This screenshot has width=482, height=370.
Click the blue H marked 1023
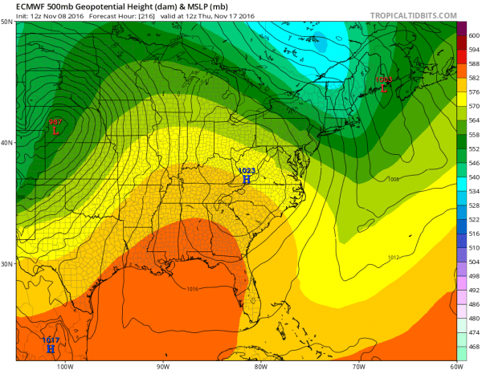coord(247,180)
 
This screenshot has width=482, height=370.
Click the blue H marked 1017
coord(51,349)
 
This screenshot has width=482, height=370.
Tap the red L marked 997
coord(55,129)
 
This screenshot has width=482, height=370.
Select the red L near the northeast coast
coord(383,88)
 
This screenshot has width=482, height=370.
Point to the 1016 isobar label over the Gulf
coord(192,289)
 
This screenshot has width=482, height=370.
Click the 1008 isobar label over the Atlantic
coord(393,179)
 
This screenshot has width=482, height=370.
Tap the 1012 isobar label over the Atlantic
coord(393,258)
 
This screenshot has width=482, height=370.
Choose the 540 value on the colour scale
coord(473,177)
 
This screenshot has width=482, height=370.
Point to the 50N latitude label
coord(7,22)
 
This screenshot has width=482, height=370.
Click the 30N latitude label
coord(7,264)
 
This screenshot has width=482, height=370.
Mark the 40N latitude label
coord(7,143)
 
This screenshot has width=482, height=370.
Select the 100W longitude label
coord(66,365)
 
